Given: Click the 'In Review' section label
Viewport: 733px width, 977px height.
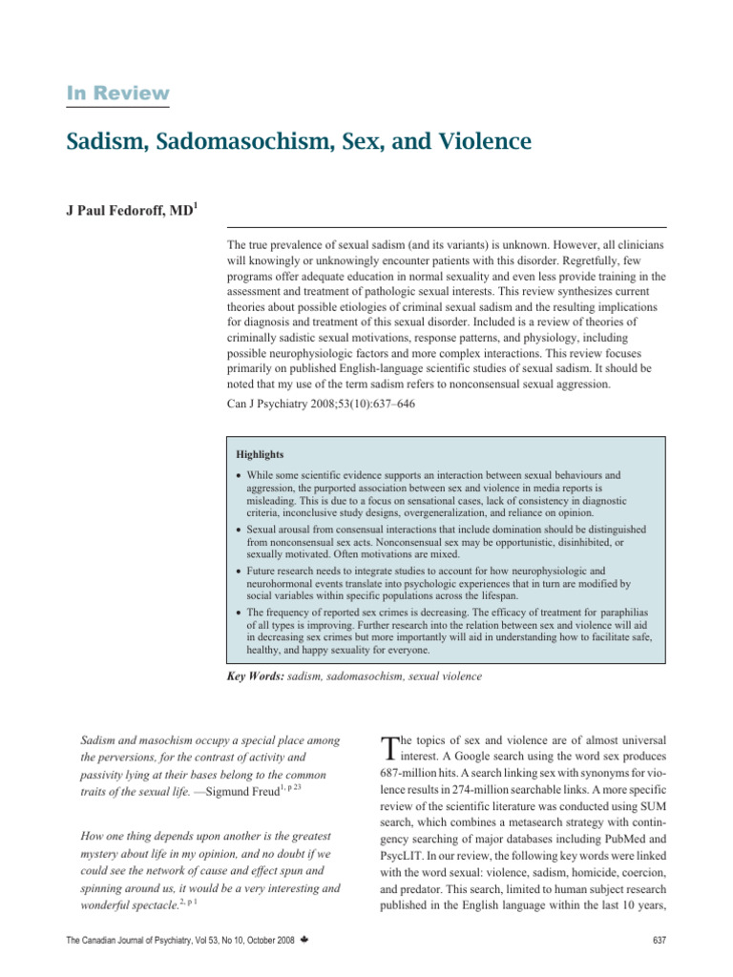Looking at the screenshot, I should click(x=118, y=94).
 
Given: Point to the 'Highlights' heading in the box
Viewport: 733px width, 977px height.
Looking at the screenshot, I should click(x=261, y=454).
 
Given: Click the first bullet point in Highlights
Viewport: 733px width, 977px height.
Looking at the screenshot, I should click(x=239, y=474).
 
